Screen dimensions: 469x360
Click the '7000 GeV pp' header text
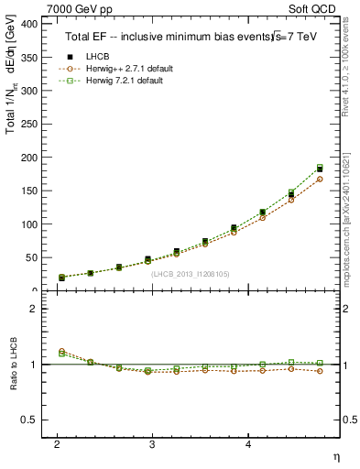tap(78, 9)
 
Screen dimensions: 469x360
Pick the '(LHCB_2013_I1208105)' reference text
tap(191, 273)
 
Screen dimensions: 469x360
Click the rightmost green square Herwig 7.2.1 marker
tap(320, 168)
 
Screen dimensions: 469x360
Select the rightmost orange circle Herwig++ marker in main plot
tap(320, 180)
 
